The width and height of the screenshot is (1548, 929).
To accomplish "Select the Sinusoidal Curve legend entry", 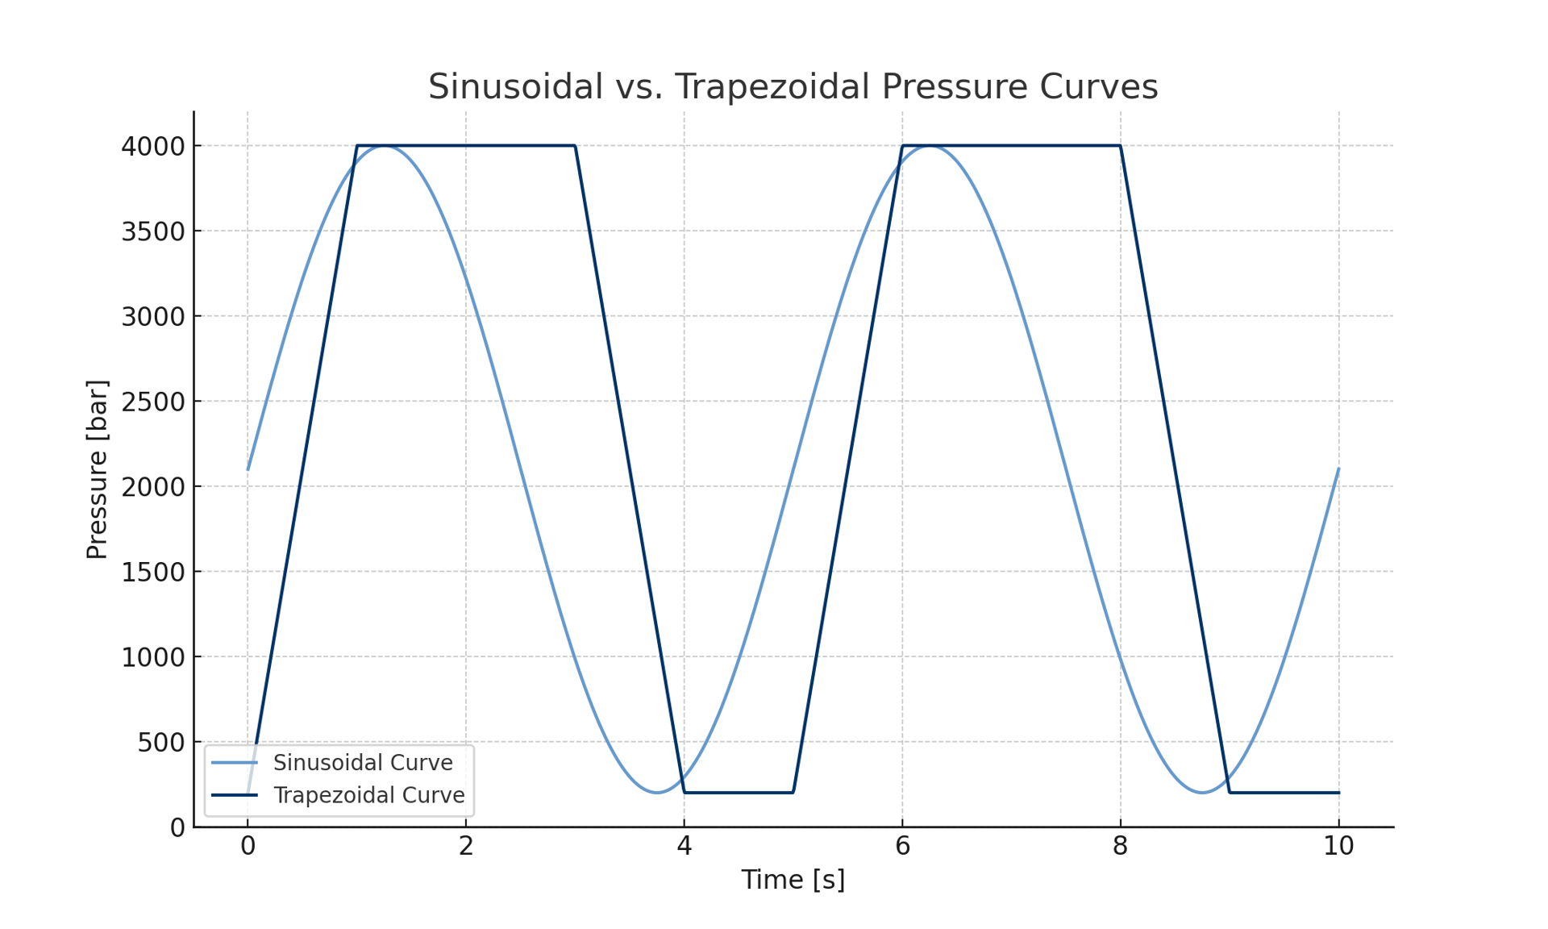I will (363, 762).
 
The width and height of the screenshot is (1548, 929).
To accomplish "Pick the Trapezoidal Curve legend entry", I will (368, 795).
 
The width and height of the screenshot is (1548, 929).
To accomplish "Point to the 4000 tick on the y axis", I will (152, 146).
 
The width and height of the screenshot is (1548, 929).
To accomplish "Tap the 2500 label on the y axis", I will (152, 402).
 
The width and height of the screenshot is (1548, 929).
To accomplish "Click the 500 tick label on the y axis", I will (160, 742).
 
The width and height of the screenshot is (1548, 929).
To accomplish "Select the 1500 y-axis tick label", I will (152, 572).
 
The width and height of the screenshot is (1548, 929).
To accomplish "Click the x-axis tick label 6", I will (902, 846).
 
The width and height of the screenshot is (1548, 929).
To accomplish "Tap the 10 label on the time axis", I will (1338, 846).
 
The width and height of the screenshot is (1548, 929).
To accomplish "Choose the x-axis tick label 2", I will (466, 846).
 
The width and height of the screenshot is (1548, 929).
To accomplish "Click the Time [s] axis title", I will (793, 880).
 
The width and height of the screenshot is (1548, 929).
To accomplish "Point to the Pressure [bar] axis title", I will (97, 469).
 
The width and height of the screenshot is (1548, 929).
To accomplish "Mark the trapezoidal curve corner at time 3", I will (575, 146).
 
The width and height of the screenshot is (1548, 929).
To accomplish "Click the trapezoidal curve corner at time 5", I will (793, 793).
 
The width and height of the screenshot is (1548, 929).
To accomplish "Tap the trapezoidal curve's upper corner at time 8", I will (1120, 146).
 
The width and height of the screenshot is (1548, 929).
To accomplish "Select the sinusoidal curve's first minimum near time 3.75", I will (656, 793).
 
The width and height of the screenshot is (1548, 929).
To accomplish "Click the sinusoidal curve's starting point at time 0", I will (248, 469).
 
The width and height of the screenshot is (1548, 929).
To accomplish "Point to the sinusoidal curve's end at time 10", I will (1338, 469).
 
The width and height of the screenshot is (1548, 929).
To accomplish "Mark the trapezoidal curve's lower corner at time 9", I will (1230, 793).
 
